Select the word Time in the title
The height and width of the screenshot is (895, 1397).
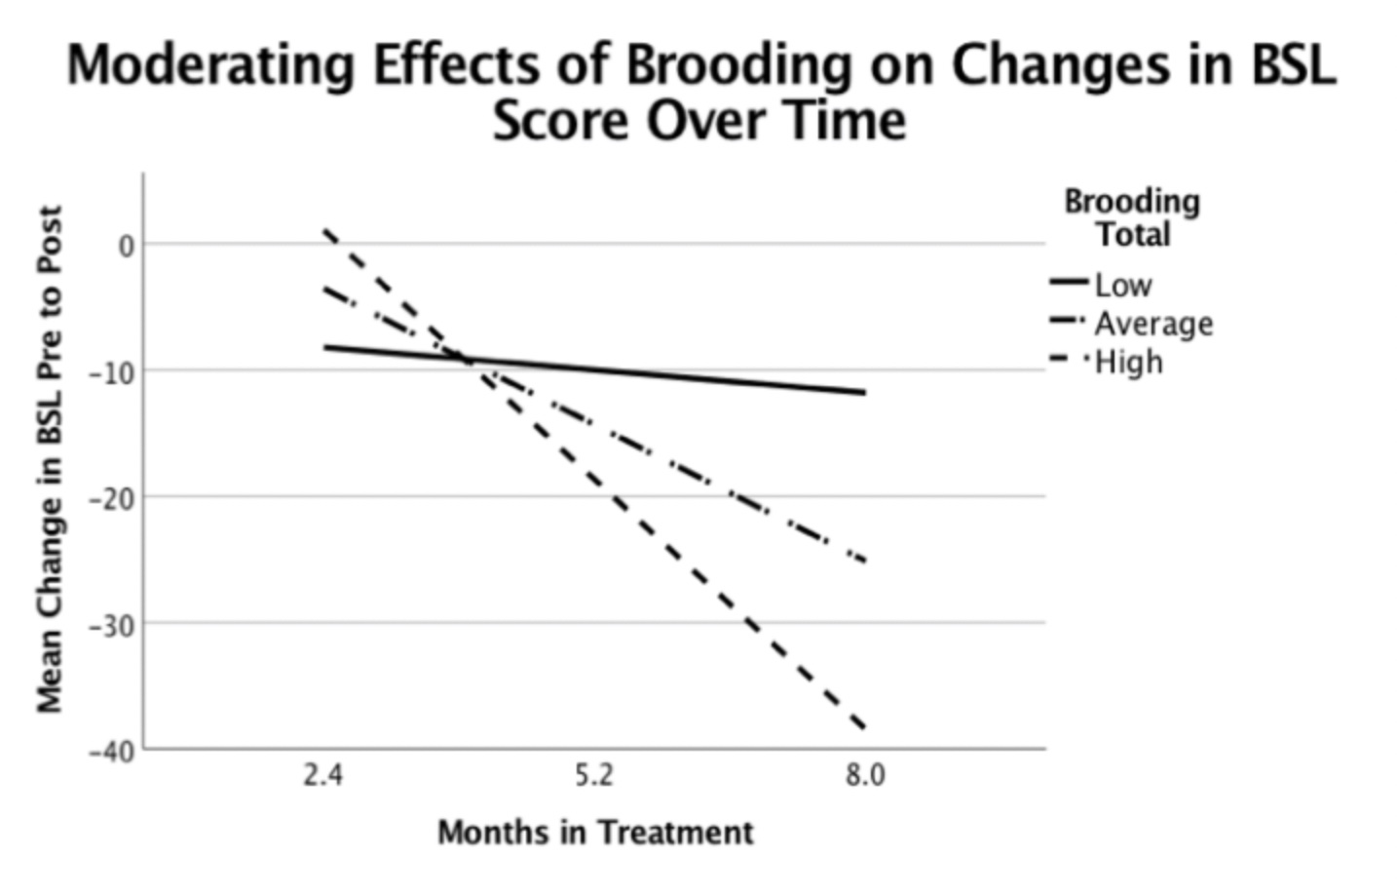pos(849,122)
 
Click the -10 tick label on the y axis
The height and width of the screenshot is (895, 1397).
pos(113,371)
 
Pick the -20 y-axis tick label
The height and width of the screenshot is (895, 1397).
pos(113,498)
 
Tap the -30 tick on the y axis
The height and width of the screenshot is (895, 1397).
pos(113,625)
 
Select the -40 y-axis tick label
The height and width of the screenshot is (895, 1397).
pos(113,752)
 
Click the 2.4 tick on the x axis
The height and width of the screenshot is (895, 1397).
pos(322,776)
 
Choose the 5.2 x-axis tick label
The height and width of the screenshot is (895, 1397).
pos(593,776)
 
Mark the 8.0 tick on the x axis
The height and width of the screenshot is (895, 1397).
pos(864,776)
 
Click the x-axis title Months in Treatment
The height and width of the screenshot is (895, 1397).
pos(595,833)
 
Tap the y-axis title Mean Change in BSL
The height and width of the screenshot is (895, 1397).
pos(50,458)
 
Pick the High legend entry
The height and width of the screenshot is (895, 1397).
pos(1128,362)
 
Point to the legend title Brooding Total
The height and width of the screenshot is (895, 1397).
pos(1131,217)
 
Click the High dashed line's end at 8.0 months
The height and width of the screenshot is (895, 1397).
pos(864,727)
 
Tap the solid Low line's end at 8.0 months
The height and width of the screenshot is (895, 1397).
pos(864,393)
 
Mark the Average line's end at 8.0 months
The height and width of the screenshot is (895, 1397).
pos(864,562)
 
